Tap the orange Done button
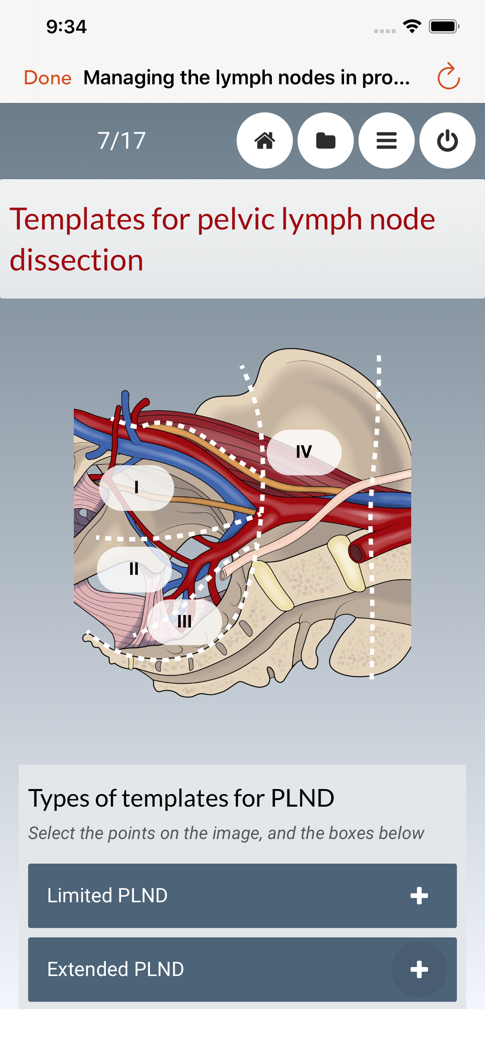click(x=48, y=77)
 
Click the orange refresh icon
click(x=448, y=76)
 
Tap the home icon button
click(x=264, y=140)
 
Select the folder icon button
click(x=325, y=140)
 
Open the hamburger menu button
click(x=386, y=140)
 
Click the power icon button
click(x=447, y=140)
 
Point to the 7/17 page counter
click(x=121, y=140)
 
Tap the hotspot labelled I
click(x=137, y=487)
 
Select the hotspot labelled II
click(x=134, y=569)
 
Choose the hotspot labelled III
click(x=185, y=622)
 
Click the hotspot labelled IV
click(x=304, y=452)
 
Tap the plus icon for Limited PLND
click(x=419, y=896)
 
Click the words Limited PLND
click(x=107, y=896)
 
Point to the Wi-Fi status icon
click(x=412, y=27)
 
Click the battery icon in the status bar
click(x=444, y=27)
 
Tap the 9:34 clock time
click(x=66, y=27)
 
